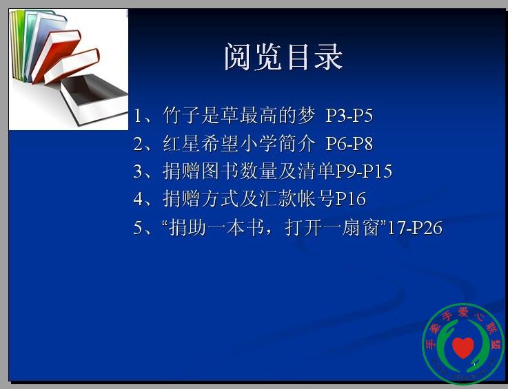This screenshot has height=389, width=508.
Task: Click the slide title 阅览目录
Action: coord(283,57)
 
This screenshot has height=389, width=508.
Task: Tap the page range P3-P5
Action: coord(349,115)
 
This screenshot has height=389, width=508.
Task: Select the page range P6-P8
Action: coord(349,143)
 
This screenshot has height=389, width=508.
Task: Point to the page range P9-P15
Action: coord(363,171)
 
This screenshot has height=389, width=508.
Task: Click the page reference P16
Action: coord(351,199)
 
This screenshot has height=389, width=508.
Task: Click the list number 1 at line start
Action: coord(137,116)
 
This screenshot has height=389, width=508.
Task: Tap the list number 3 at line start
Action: coord(138,171)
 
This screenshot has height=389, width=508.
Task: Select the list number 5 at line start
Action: coord(138,228)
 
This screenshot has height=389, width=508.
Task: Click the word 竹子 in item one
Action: coord(181,115)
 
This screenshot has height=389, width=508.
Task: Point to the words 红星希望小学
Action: coord(220,143)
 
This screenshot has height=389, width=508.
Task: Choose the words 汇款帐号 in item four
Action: coord(296,199)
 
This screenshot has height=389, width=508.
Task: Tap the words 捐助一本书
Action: coord(216,227)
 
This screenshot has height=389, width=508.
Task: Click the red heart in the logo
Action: coord(463,347)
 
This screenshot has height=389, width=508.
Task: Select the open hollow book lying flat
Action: coord(94,98)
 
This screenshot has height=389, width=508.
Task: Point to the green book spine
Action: coord(19,45)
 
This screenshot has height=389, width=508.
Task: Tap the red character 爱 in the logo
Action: coord(464,312)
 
